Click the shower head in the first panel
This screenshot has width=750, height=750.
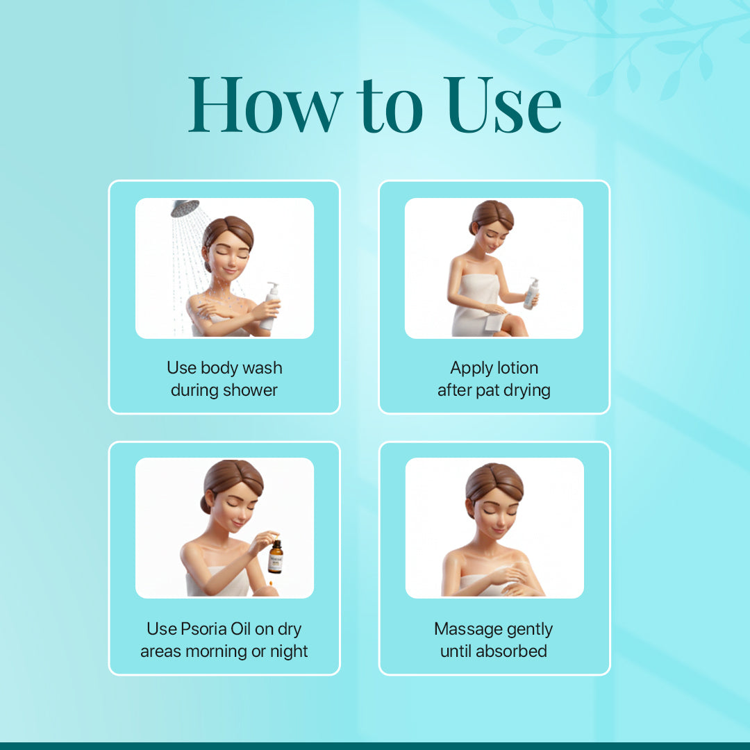coord(185,208)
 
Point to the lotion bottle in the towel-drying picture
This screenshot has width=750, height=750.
coord(531,293)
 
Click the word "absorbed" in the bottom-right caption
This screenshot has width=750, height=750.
coord(513,651)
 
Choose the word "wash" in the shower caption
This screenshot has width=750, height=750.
coord(264,368)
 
